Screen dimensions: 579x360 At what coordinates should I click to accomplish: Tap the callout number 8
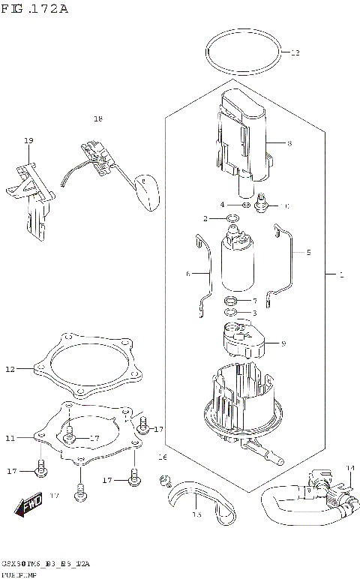(289, 142)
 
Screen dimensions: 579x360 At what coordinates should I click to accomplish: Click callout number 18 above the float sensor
(97, 119)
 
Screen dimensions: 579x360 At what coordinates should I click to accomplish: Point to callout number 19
(28, 140)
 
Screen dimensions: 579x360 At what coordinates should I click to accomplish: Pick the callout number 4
(222, 204)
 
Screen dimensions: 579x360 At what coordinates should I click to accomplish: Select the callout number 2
(205, 218)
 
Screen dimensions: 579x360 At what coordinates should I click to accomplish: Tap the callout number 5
(307, 253)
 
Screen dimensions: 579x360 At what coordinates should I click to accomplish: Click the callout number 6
(188, 274)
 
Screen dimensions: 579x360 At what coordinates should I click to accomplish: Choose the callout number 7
(255, 301)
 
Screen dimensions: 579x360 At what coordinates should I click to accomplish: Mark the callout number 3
(255, 313)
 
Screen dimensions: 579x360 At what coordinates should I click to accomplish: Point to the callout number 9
(283, 344)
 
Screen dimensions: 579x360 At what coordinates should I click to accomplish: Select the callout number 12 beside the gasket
(10, 368)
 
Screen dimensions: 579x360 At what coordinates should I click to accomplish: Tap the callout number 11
(10, 437)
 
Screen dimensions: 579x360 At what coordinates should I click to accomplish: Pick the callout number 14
(349, 468)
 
